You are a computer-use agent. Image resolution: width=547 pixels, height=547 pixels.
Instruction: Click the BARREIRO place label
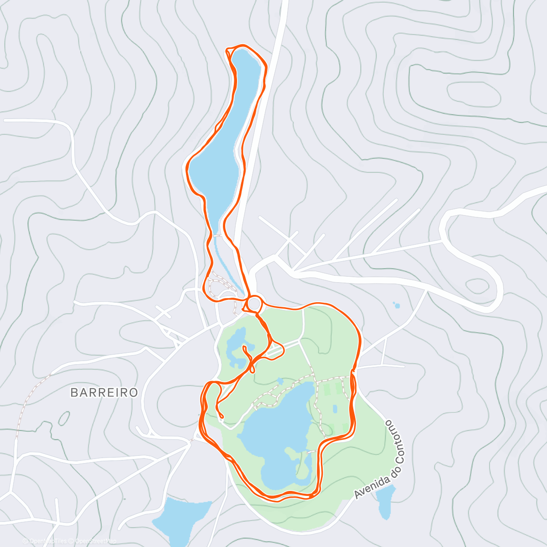[104, 392]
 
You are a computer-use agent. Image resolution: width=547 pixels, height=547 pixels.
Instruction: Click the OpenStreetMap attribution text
[96, 541]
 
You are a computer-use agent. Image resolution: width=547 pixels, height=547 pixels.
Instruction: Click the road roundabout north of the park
[255, 304]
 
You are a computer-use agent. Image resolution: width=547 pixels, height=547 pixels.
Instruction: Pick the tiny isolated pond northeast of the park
[396, 305]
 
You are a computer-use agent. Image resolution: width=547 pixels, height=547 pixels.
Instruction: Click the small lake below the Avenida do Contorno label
[387, 501]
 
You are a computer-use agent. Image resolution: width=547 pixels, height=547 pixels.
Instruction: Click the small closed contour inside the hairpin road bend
[476, 286]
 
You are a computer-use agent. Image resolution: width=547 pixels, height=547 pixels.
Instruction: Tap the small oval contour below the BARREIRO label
[64, 418]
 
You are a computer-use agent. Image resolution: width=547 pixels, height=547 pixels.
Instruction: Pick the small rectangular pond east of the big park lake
[335, 409]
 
